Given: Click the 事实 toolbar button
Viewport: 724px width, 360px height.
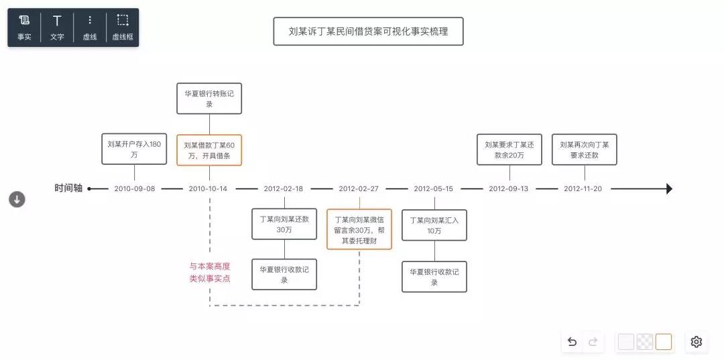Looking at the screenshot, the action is (x=24, y=27).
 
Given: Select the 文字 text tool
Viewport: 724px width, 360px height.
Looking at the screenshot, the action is (x=57, y=27).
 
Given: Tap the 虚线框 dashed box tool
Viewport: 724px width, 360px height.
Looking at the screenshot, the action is (x=123, y=27).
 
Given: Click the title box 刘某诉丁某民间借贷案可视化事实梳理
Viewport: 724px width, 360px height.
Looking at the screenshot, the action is (x=368, y=32).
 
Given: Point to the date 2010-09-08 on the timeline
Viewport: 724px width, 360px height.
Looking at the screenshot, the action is (x=134, y=189).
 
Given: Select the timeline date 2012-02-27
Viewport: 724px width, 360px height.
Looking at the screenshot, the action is (x=359, y=189).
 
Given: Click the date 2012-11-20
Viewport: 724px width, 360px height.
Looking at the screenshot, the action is (x=583, y=189).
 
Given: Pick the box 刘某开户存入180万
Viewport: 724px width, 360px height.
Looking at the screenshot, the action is (x=134, y=149).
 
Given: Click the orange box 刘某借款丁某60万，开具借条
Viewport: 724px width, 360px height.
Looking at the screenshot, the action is (x=209, y=150).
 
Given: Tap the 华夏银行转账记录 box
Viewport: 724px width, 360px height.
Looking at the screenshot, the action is (x=209, y=99).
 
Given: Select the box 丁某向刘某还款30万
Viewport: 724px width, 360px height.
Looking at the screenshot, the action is (x=284, y=224).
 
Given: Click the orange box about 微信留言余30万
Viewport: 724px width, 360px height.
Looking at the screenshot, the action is (x=359, y=229).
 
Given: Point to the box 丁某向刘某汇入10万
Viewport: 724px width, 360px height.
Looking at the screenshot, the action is (x=434, y=225).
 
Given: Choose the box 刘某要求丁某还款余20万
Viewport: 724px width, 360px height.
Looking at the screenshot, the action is (x=509, y=149).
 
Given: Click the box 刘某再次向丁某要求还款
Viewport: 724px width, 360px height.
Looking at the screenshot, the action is (x=584, y=149).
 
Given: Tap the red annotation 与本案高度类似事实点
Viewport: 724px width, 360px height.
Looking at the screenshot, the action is (x=210, y=272).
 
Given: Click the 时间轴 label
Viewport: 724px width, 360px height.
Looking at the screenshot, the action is (x=68, y=188).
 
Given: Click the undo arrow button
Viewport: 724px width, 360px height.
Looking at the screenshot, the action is (x=572, y=342).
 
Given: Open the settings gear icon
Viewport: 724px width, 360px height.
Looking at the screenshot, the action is (x=697, y=341).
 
